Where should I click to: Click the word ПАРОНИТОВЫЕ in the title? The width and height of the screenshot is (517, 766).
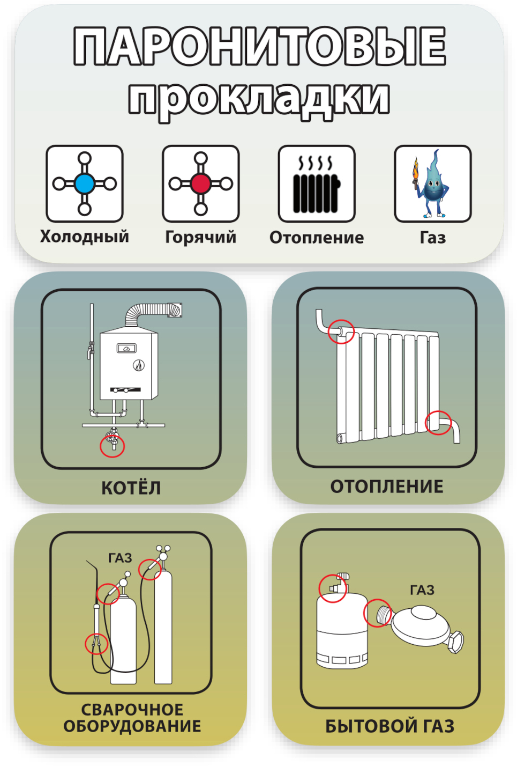(259, 47)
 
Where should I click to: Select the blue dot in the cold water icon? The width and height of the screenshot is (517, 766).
(85, 184)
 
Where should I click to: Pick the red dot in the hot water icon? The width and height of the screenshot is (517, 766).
(201, 184)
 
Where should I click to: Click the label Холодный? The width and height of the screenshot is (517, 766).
(85, 237)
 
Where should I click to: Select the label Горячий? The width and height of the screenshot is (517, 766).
(201, 237)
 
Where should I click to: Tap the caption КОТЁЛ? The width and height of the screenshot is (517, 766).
(131, 488)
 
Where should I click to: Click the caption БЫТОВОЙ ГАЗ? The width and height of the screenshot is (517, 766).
(390, 726)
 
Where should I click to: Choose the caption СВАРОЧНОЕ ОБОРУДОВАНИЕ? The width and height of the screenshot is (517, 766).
(132, 718)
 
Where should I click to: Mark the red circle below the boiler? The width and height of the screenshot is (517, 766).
(113, 446)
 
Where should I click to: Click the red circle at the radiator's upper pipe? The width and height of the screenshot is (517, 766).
(341, 331)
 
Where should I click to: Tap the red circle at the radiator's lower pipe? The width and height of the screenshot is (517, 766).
(438, 423)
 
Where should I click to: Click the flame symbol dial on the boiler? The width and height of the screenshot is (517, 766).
(139, 366)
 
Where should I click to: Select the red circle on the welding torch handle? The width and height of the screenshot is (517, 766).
(96, 643)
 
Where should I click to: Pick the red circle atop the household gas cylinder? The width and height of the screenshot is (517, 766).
(332, 588)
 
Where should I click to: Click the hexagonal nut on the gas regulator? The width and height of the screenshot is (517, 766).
(456, 642)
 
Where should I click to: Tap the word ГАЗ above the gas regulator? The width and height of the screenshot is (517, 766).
(422, 590)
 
